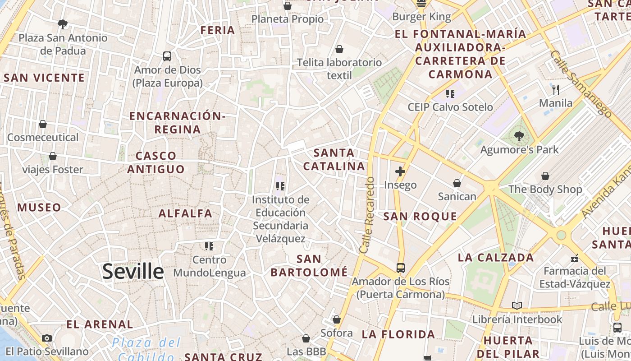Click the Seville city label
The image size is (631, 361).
click(x=133, y=272)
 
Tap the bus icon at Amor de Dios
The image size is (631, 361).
click(x=167, y=56)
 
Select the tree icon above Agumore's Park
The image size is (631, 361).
click(x=519, y=136)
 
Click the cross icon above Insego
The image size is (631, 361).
click(x=400, y=171)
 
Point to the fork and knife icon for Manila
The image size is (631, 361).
click(x=556, y=89)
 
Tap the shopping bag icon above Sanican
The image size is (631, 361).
click(x=457, y=183)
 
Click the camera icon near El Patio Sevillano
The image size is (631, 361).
click(x=47, y=338)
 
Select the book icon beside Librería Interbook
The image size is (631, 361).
click(x=517, y=306)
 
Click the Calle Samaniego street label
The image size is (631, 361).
click(x=581, y=84)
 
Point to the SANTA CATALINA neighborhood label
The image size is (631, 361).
click(x=334, y=159)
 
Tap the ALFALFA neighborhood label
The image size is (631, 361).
click(x=185, y=213)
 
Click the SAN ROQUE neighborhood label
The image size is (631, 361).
click(x=420, y=217)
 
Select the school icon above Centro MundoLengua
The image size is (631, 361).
click(x=209, y=246)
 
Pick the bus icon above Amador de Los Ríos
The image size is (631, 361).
click(x=400, y=268)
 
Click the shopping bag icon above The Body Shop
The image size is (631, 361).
click(x=545, y=176)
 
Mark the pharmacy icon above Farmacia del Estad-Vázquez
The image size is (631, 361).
click(x=575, y=258)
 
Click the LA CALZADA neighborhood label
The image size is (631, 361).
click(x=496, y=258)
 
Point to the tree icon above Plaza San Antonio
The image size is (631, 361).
click(x=63, y=24)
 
